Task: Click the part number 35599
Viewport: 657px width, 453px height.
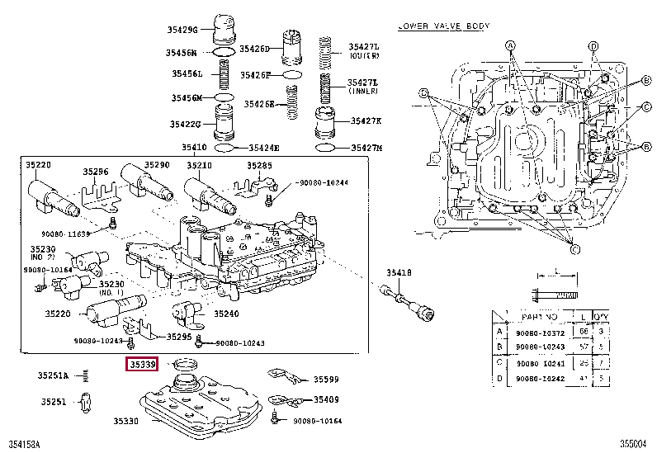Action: tap(326, 380)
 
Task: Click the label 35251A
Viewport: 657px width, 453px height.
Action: tap(53, 376)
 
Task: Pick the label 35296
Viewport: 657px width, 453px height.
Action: tap(96, 172)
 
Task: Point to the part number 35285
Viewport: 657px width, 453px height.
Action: tap(260, 165)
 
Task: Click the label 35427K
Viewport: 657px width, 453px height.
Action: tap(366, 120)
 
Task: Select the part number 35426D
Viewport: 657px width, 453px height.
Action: tap(255, 49)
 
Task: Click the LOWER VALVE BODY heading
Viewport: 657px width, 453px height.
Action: tap(443, 26)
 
